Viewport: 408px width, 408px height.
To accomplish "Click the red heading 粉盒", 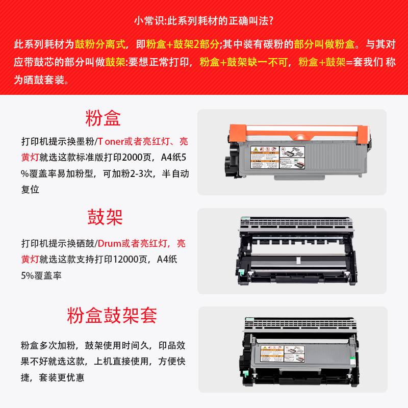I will (x=103, y=118).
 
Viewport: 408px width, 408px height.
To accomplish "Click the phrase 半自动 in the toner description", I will (x=176, y=173).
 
